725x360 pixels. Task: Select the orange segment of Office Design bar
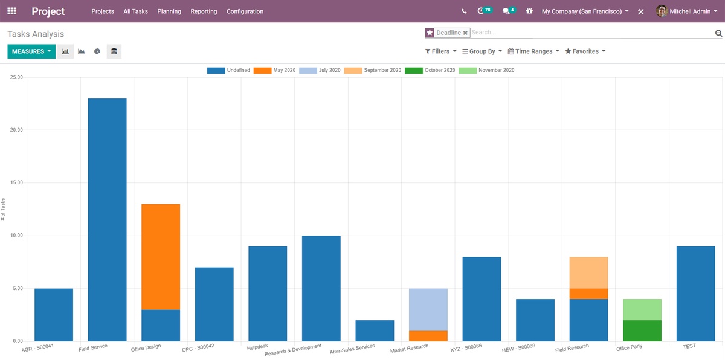(161, 257)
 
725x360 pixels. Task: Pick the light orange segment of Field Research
(588, 272)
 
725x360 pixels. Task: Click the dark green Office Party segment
(642, 330)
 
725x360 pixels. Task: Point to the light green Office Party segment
(642, 309)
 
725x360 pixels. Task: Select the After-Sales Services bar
(375, 330)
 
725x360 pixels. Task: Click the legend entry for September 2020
(372, 71)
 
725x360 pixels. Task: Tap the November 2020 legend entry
(486, 71)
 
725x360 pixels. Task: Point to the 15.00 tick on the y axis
(16, 183)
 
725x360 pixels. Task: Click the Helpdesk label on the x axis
(257, 348)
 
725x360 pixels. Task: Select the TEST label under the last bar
(689, 347)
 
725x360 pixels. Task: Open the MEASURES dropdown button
(31, 51)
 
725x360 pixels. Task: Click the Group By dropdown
(482, 51)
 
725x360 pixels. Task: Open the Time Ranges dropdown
(533, 51)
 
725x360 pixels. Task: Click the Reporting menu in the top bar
(204, 11)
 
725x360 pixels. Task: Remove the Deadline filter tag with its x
(465, 33)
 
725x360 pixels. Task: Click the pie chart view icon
(97, 51)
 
